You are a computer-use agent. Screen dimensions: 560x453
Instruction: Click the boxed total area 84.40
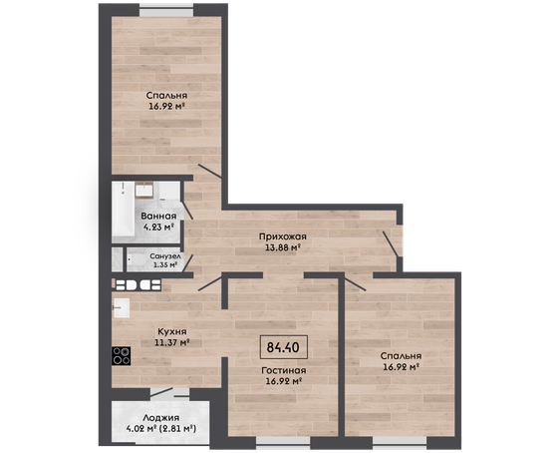[284, 347]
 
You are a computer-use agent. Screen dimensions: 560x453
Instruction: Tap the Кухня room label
[171, 332]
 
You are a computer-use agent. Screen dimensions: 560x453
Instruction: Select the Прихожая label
[283, 236]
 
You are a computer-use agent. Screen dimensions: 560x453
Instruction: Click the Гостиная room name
[284, 370]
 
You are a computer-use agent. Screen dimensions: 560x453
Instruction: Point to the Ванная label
[158, 217]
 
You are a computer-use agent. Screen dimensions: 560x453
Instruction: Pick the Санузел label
[165, 256]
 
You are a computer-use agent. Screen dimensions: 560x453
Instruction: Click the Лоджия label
[160, 418]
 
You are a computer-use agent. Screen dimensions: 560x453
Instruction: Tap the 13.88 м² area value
[283, 247]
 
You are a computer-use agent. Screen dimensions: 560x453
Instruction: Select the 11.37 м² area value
[171, 342]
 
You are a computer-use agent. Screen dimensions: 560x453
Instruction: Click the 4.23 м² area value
[158, 227]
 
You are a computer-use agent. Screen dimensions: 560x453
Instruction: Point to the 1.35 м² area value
[165, 265]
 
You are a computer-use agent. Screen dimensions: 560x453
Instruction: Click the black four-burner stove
[122, 356]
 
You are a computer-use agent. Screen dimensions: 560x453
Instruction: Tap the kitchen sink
[122, 307]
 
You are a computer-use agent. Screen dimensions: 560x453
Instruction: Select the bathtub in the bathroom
[124, 213]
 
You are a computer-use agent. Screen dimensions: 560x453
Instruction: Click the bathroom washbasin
[144, 190]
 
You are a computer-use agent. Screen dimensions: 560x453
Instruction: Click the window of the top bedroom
[166, 10]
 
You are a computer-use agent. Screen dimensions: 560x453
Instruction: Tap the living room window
[283, 443]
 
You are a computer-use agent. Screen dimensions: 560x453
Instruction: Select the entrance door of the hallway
[391, 243]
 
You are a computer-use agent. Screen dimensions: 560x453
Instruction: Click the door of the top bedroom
[210, 171]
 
